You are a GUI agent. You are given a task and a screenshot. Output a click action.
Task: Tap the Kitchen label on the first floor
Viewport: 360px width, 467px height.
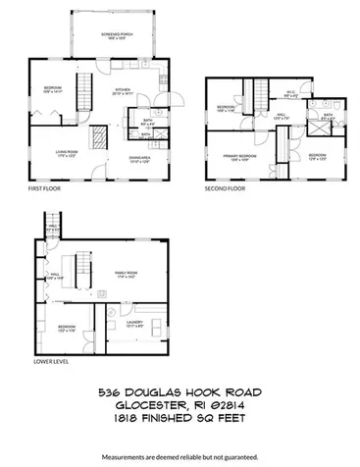coord(123,91)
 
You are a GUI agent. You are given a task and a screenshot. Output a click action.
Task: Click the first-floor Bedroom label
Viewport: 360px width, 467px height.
coord(53,91)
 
